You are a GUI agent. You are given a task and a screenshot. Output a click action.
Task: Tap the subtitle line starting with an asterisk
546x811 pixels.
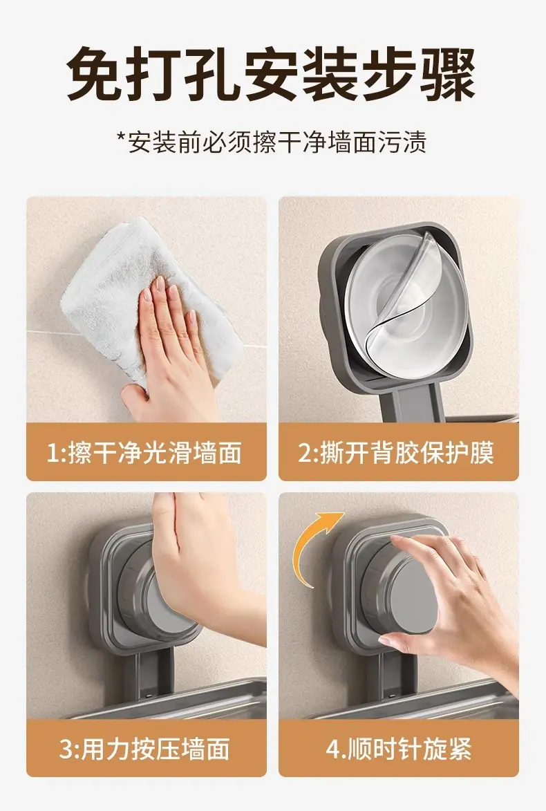tap(272, 142)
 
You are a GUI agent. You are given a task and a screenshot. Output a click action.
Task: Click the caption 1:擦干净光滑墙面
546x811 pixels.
tap(144, 453)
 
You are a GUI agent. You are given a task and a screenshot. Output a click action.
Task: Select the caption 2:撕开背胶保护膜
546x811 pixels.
tap(396, 453)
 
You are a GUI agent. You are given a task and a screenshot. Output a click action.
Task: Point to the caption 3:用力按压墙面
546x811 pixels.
tap(144, 748)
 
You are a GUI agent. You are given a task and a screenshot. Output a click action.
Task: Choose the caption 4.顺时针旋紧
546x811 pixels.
tap(398, 748)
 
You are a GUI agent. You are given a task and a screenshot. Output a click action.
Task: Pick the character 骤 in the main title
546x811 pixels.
tap(448, 73)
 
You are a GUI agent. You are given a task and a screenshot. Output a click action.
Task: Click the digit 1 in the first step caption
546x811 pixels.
tap(53, 453)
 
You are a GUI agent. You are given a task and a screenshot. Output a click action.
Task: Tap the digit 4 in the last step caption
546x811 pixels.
tap(332, 749)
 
